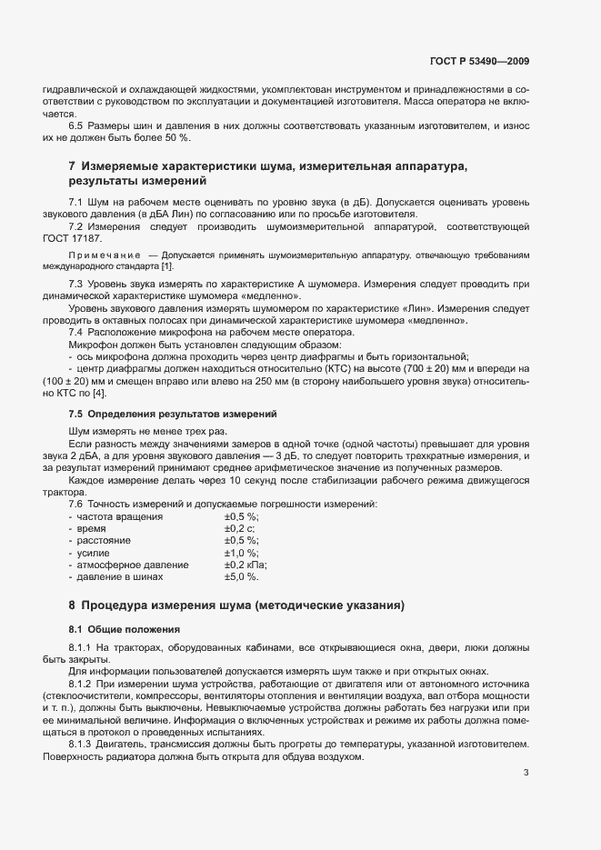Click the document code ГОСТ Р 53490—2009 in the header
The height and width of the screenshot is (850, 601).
[478, 62]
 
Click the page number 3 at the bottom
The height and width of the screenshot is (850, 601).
[526, 748]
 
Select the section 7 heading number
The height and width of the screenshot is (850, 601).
[73, 166]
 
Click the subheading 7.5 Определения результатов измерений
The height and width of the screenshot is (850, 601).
[173, 414]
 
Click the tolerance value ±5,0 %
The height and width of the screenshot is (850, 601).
[242, 576]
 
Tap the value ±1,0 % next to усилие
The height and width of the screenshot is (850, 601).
[242, 552]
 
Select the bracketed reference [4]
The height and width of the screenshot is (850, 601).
[98, 393]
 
